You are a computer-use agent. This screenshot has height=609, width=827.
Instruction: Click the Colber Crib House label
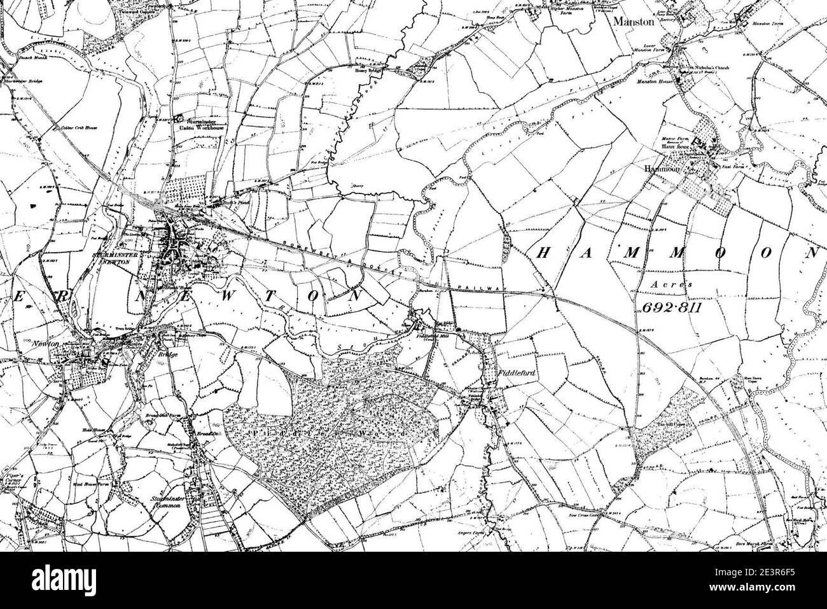click(73, 128)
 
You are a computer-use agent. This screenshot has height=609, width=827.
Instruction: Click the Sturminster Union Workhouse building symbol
click(179, 118)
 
